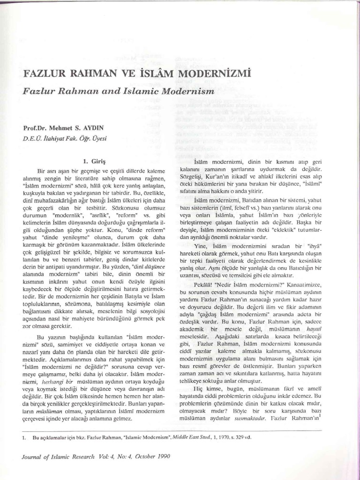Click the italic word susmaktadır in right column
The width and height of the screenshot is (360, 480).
tap(253, 416)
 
